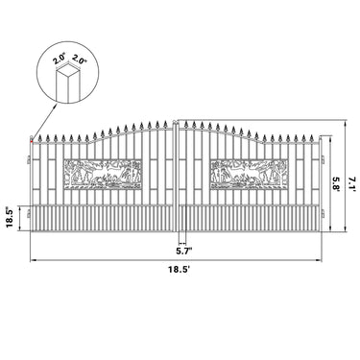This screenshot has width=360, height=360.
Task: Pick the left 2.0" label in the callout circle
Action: pyautogui.click(x=60, y=60)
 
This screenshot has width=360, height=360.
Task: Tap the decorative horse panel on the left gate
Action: pyautogui.click(x=102, y=174)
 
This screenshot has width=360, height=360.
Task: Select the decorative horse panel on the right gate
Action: pyautogui.click(x=249, y=174)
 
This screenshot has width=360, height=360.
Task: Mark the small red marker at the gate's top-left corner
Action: pyautogui.click(x=33, y=142)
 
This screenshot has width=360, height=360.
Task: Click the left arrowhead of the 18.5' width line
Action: pyautogui.click(x=33, y=260)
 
